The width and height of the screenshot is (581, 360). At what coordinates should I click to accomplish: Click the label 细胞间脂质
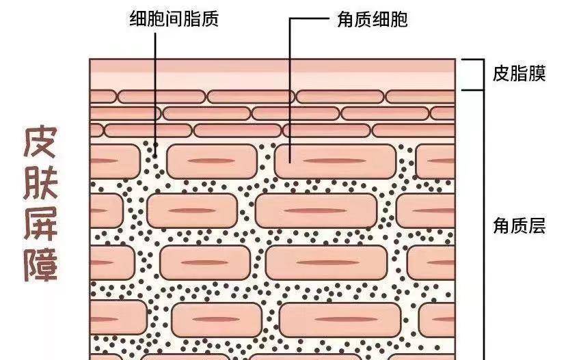tap(174, 18)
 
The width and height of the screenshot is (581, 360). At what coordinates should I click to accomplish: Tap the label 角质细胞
tap(373, 19)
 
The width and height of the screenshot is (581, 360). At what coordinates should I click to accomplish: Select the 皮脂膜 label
tap(519, 73)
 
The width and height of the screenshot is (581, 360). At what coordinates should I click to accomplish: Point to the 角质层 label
tap(519, 225)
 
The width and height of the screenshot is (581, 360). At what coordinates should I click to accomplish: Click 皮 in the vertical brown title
tap(41, 142)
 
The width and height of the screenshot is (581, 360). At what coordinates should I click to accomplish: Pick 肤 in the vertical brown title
tap(41, 183)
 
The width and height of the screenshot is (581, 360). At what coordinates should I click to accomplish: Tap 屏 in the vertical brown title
tap(41, 224)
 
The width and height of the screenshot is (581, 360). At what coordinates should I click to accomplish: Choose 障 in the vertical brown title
tap(41, 265)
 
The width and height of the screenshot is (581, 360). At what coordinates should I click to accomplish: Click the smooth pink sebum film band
tap(273, 74)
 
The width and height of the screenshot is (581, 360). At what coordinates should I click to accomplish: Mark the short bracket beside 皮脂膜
tap(483, 74)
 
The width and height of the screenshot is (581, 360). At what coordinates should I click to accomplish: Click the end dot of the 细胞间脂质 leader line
tap(155, 155)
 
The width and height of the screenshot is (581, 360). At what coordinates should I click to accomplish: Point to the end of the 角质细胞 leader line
tap(290, 161)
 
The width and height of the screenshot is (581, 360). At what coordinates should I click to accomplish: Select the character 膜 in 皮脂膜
tap(537, 73)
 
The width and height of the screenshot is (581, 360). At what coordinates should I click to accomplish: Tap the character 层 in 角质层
tap(537, 225)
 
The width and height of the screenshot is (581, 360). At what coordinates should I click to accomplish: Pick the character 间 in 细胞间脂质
tap(174, 18)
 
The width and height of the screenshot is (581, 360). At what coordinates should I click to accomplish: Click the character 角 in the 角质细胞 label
tap(346, 19)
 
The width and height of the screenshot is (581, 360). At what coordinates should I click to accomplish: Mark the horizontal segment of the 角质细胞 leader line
tap(310, 18)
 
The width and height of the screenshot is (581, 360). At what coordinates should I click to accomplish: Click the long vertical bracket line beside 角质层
tap(483, 225)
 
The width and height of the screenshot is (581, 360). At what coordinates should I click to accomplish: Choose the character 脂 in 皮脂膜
tap(519, 73)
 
